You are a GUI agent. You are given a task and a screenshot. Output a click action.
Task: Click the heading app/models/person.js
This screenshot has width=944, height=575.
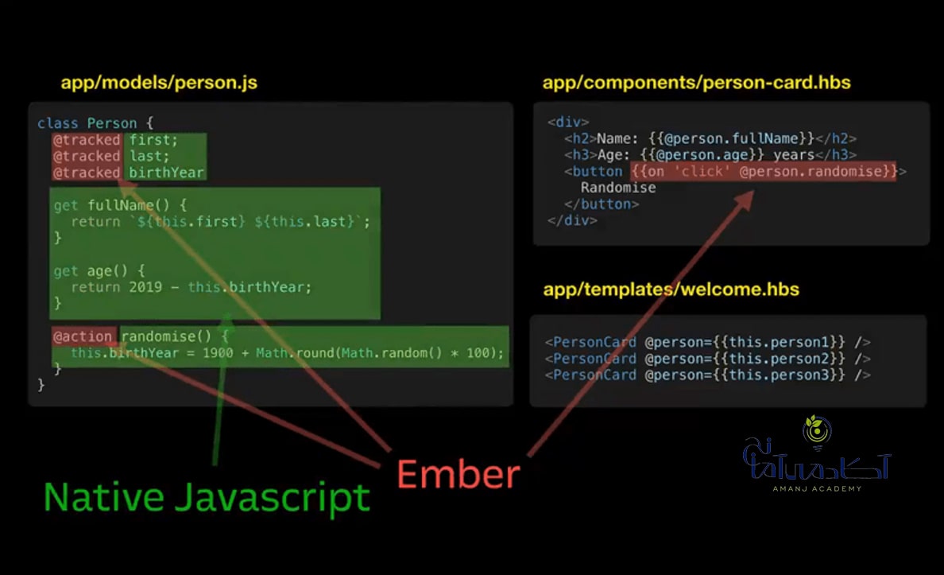[x=159, y=83]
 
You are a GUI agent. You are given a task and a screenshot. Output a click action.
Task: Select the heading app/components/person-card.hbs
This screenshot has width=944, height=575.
[x=697, y=83]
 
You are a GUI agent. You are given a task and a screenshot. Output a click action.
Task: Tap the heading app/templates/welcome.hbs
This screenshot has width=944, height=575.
[x=671, y=289]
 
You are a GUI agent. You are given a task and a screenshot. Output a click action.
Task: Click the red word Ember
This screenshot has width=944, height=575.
[x=458, y=474]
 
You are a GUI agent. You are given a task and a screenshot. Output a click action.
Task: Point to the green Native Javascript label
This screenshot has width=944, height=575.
[x=207, y=498]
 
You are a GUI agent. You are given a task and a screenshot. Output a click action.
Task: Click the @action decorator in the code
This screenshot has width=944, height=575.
[x=83, y=336]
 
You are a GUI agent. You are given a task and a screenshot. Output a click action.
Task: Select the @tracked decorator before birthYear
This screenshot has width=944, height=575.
[x=87, y=173]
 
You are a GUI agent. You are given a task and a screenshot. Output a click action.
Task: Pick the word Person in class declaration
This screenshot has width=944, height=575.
[x=112, y=123]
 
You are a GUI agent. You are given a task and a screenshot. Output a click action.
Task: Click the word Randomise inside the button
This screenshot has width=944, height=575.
[x=618, y=188]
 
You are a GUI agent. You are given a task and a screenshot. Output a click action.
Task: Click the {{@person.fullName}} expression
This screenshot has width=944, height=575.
[x=732, y=138]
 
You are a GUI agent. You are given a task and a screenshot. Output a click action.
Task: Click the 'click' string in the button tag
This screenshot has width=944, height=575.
[x=702, y=171]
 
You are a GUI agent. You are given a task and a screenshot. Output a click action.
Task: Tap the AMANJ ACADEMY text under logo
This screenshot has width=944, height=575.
[x=817, y=489]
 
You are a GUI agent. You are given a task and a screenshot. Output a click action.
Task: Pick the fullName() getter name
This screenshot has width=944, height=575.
[x=129, y=205]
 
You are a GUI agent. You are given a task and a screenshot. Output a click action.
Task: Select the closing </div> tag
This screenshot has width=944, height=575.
[x=572, y=220]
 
